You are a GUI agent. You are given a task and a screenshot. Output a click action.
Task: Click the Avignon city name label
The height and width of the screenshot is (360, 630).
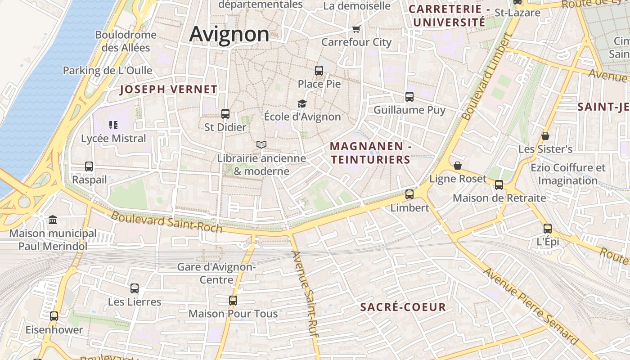coord(229,34)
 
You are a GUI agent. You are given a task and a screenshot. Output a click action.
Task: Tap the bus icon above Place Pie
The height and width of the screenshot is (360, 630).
coord(319,70)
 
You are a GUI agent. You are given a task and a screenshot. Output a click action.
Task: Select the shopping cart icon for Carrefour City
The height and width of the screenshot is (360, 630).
coord(356,29)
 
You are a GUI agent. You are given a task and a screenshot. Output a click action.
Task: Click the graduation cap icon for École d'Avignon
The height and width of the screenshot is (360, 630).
coord(302,103)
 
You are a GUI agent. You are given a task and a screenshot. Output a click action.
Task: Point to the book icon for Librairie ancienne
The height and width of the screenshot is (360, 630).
coord(261,144)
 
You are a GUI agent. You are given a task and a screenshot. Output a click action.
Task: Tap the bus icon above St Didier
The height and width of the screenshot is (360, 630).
coord(225,114)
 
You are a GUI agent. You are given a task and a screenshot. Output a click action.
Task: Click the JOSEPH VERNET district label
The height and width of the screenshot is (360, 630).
coord(169,89)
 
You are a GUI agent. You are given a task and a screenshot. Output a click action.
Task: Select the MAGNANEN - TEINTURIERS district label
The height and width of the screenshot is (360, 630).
coord(371,153)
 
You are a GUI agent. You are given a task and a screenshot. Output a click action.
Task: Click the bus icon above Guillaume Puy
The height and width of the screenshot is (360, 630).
coord(409,96)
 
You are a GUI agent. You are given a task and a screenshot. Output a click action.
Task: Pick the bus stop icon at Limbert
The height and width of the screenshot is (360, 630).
coord(409,194)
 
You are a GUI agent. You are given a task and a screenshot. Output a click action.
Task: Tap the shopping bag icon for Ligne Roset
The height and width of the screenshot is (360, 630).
coord(458,166)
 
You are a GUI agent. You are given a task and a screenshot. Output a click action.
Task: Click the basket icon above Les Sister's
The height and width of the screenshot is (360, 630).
coord(545,135)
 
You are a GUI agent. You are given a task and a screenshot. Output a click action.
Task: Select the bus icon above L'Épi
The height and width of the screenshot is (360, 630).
coord(548,228)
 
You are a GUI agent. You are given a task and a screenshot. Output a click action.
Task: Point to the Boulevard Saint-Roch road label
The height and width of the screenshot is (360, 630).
coord(166,222)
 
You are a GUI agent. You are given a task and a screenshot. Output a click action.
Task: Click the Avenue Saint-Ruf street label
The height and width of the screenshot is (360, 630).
coord(305,293)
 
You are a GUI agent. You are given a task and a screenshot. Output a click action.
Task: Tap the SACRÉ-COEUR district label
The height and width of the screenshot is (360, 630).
coord(403,307)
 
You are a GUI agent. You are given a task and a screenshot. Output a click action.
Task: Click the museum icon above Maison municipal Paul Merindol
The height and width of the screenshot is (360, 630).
coord(53,220)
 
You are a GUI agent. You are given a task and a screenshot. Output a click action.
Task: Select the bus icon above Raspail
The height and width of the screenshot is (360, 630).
coord(89,166)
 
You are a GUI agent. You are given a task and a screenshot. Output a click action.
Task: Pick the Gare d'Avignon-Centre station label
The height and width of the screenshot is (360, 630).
coord(216,273)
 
